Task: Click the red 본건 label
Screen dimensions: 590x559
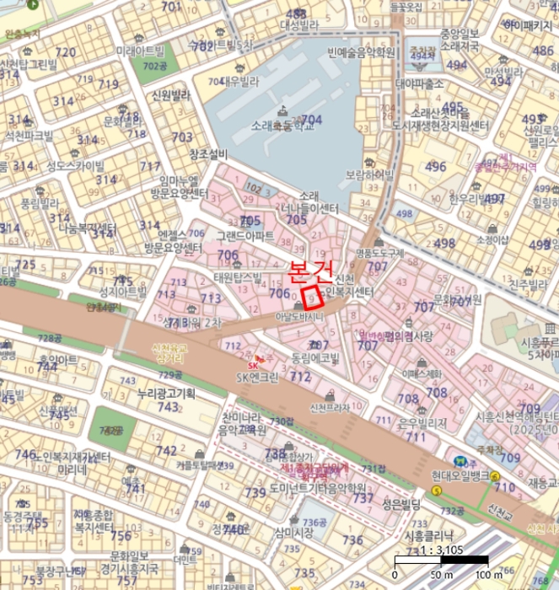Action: tap(310, 271)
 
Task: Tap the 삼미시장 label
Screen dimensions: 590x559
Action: tap(293, 533)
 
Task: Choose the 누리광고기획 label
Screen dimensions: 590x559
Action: tap(166, 394)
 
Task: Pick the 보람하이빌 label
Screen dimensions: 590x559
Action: tap(369, 175)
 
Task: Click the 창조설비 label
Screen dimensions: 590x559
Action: tap(208, 154)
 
